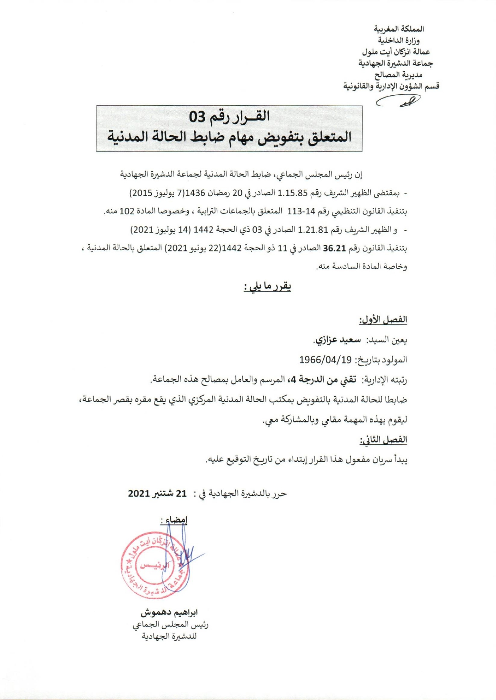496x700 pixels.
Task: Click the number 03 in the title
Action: pyautogui.click(x=198, y=117)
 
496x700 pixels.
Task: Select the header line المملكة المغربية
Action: pyautogui.click(x=399, y=29)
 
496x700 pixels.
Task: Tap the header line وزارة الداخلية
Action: pyautogui.click(x=399, y=40)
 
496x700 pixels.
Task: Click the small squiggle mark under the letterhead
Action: pyautogui.click(x=399, y=101)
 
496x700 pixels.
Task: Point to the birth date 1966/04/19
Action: pyautogui.click(x=325, y=360)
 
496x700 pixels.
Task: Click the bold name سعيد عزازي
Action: pyautogui.click(x=338, y=340)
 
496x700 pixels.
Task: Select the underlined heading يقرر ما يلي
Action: pyautogui.click(x=267, y=287)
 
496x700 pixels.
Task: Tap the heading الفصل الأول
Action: pyautogui.click(x=383, y=320)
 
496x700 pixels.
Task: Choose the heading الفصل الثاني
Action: pyautogui.click(x=383, y=440)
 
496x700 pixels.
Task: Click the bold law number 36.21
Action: pyautogui.click(x=334, y=248)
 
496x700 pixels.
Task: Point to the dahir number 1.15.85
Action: pyautogui.click(x=292, y=193)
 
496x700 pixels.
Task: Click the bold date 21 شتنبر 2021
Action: pyautogui.click(x=157, y=493)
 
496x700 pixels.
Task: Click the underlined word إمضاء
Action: pyautogui.click(x=174, y=520)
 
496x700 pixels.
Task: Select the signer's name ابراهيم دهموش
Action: pyautogui.click(x=169, y=612)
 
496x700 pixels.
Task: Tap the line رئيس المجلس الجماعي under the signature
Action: pyautogui.click(x=170, y=624)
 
